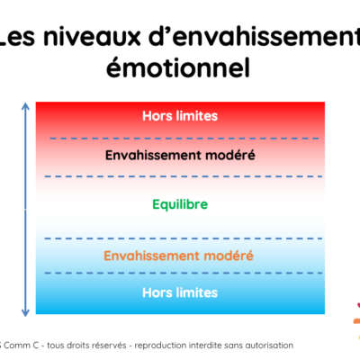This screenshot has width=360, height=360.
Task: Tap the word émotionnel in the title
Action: point(178,67)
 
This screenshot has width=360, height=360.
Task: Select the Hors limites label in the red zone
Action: point(180,116)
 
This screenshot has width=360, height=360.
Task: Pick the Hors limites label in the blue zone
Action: point(180,292)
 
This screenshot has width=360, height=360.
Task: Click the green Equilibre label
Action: point(180,204)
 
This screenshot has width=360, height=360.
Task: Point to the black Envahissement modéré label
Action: point(180,155)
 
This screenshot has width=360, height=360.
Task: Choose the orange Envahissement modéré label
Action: point(179,256)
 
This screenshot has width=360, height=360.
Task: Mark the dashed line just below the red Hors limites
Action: point(184,139)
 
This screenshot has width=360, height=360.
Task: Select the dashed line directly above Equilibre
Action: point(184,176)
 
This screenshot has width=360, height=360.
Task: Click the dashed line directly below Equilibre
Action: point(184,238)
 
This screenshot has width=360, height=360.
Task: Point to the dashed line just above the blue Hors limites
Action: point(184,273)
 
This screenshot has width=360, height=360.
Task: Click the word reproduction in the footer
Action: point(160,346)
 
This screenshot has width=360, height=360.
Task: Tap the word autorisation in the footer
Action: point(269,346)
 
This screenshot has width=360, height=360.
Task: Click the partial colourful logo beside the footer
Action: point(356,321)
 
